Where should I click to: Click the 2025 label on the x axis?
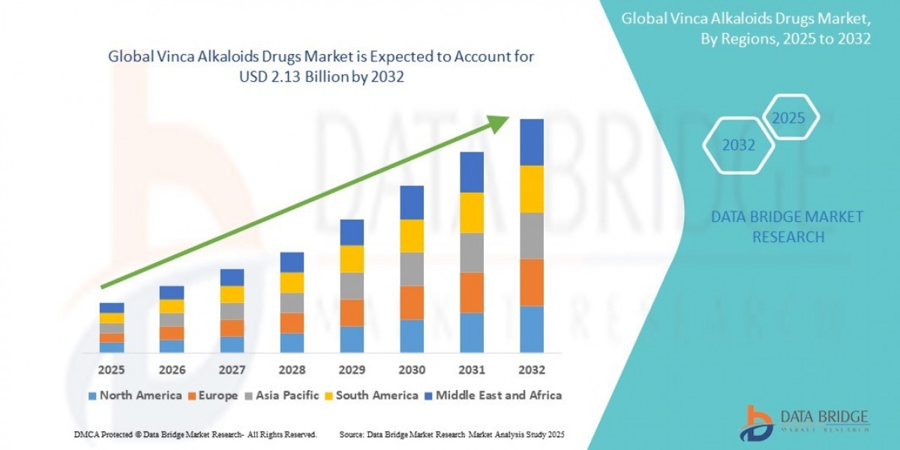pyautogui.click(x=112, y=370)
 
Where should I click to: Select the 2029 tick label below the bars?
pyautogui.click(x=352, y=370)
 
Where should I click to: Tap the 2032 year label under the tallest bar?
pyautogui.click(x=531, y=370)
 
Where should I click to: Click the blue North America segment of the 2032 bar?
pyautogui.click(x=531, y=329)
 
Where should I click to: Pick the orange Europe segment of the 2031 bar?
pyautogui.click(x=472, y=292)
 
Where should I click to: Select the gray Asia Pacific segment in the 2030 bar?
pyautogui.click(x=412, y=269)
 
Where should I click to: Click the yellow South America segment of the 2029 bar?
pyautogui.click(x=352, y=259)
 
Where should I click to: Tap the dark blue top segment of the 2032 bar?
pyautogui.click(x=531, y=142)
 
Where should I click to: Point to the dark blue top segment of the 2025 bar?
pyautogui.click(x=112, y=307)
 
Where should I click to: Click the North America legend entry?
pyautogui.click(x=135, y=395)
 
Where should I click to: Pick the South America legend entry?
pyautogui.click(x=372, y=395)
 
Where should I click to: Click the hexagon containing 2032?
pyautogui.click(x=738, y=145)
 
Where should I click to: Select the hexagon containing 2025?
pyautogui.click(x=788, y=118)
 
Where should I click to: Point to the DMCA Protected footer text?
pyautogui.click(x=196, y=434)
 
